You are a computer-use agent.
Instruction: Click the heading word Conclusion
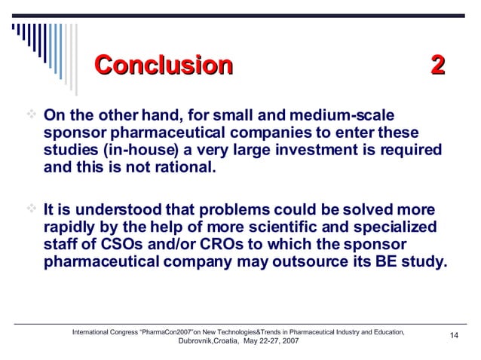(162, 66)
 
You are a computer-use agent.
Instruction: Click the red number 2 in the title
(437, 66)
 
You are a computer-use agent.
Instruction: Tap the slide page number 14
(454, 336)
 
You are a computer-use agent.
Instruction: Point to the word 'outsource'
(329, 261)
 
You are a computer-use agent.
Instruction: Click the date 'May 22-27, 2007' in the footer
(271, 341)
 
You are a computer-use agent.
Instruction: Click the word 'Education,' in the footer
(386, 332)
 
